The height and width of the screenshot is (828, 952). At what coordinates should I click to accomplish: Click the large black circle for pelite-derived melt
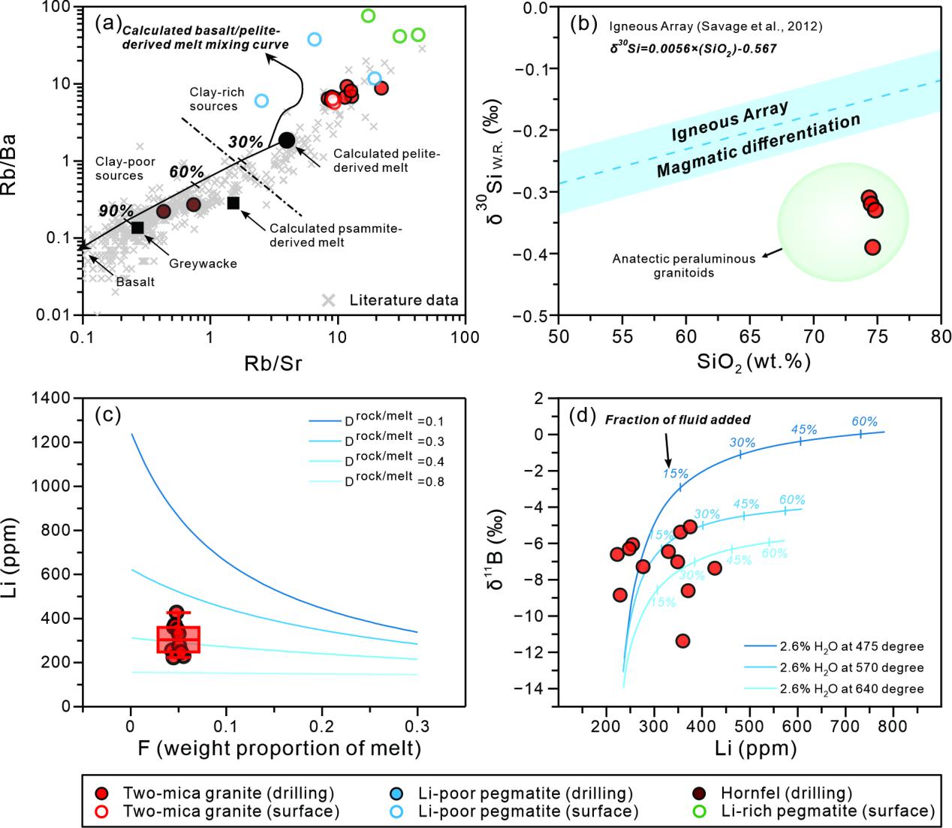pos(287,140)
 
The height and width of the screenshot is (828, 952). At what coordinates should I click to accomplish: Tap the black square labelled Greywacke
pos(137,227)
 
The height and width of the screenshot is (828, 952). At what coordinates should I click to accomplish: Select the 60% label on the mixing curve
pos(186,172)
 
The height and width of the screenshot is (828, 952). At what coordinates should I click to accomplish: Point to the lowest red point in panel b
pos(872,247)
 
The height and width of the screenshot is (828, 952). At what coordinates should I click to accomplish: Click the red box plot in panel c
pos(178,639)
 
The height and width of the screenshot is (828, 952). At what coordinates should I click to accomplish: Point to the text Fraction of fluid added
pos(676,420)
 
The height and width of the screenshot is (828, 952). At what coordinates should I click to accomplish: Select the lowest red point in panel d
pos(682,640)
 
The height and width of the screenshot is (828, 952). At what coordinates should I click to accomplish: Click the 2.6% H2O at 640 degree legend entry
pos(833,688)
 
